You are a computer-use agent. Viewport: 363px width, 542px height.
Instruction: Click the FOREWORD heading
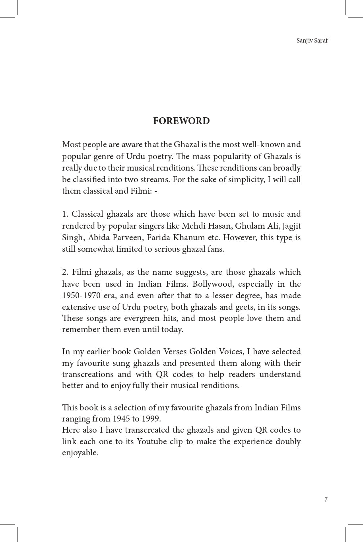(181, 121)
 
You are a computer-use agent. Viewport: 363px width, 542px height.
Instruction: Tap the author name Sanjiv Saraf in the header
(312, 41)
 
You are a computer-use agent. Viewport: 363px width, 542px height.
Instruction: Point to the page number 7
(326, 499)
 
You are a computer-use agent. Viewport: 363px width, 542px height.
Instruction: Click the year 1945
(121, 419)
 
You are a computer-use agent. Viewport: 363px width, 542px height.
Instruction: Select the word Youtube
(151, 441)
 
